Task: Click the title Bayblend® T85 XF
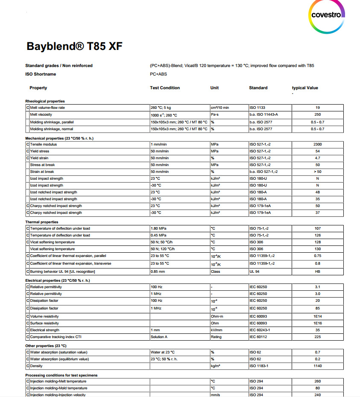coord(75,46)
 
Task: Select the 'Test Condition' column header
coord(165,88)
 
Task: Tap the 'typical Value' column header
coord(305,88)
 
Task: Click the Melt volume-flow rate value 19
coord(317,108)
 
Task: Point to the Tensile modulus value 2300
coord(317,144)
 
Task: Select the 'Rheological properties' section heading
coord(45,101)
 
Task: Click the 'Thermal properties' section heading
coord(41,222)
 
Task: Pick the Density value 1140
coord(317,366)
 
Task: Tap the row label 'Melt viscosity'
coord(41,115)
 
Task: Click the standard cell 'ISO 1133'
coord(258,108)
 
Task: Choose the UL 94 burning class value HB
coord(317,271)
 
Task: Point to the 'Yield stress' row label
coord(39,151)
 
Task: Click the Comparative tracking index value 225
coord(317,337)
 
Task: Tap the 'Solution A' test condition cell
coord(159,337)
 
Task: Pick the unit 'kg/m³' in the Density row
coord(216,366)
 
